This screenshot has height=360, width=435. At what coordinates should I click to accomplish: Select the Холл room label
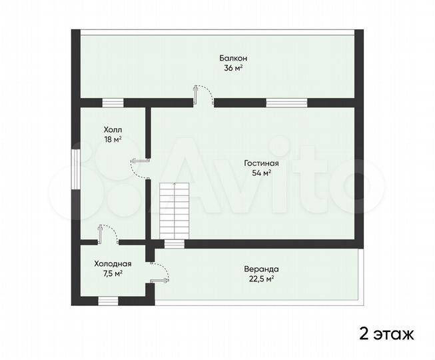113,129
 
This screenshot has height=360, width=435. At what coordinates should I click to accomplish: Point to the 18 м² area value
113,139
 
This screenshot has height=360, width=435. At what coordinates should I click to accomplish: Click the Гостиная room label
261,163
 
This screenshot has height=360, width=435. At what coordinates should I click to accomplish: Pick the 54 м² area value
261,173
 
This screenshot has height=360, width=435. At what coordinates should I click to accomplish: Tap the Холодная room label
113,263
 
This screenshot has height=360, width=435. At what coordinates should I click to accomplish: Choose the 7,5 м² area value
113,273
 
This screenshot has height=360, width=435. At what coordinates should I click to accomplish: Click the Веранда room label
256,269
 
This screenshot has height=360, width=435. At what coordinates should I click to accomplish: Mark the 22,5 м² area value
256,279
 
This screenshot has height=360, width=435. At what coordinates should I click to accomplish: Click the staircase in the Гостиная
175,212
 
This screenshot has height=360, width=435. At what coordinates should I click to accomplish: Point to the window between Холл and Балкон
113,103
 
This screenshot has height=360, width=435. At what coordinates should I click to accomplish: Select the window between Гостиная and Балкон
286,103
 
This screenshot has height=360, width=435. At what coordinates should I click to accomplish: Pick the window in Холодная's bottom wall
108,301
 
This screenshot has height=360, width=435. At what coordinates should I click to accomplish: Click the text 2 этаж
387,333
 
